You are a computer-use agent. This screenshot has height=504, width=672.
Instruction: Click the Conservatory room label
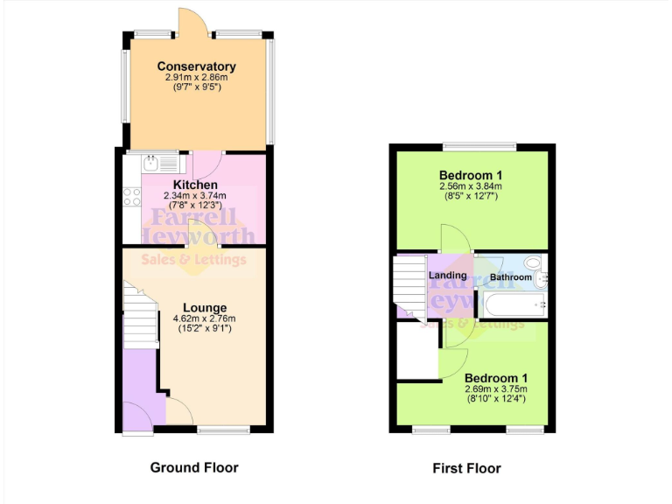pyautogui.click(x=196, y=66)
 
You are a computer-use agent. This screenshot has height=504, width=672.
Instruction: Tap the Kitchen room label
pyautogui.click(x=195, y=185)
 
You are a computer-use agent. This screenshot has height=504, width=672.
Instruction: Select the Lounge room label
pyautogui.click(x=206, y=308)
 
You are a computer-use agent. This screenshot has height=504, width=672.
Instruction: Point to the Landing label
pyautogui.click(x=447, y=276)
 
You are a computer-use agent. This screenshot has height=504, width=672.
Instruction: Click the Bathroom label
pyautogui.click(x=510, y=277)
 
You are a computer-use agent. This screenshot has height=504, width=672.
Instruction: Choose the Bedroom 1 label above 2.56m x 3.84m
pyautogui.click(x=470, y=174)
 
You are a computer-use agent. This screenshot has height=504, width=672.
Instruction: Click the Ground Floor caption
pyautogui.click(x=194, y=467)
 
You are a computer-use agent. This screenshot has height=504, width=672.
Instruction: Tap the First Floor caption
pyautogui.click(x=467, y=468)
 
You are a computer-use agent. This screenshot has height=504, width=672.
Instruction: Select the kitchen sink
pyautogui.click(x=151, y=162)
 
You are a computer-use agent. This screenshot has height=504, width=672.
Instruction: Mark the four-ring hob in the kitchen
pyautogui.click(x=132, y=198)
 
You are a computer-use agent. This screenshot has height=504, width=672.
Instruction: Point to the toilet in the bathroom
pyautogui.click(x=540, y=278)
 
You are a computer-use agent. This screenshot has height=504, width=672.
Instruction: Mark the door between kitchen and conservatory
pyautogui.click(x=207, y=163)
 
